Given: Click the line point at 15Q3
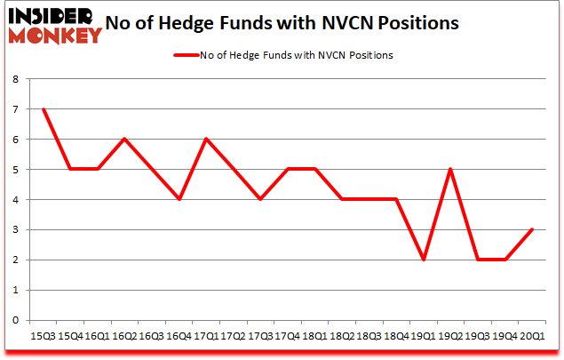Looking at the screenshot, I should pyautogui.click(x=43, y=109).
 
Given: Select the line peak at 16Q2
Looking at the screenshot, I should pyautogui.click(x=125, y=140).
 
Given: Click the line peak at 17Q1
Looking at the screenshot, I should pyautogui.click(x=207, y=140).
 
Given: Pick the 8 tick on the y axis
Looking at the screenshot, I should pyautogui.click(x=16, y=79).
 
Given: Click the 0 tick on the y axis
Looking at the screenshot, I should pyautogui.click(x=16, y=320).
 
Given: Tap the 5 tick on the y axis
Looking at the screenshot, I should pyautogui.click(x=16, y=170).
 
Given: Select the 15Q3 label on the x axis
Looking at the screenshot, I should pyautogui.click(x=43, y=336).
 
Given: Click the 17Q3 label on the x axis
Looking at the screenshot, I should pyautogui.click(x=261, y=336).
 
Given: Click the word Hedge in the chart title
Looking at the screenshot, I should pyautogui.click(x=203, y=23).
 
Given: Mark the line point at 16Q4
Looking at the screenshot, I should pyautogui.click(x=179, y=199).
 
